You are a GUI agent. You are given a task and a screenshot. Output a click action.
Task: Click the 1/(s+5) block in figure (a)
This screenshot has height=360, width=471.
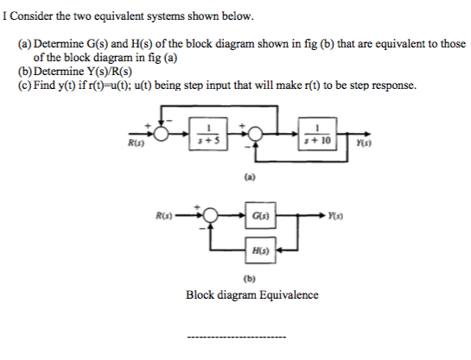(x=205, y=135)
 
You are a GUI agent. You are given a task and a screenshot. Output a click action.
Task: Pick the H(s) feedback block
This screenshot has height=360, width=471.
(x=260, y=249)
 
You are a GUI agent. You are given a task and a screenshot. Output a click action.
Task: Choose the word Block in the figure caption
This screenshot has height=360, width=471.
(x=200, y=294)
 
